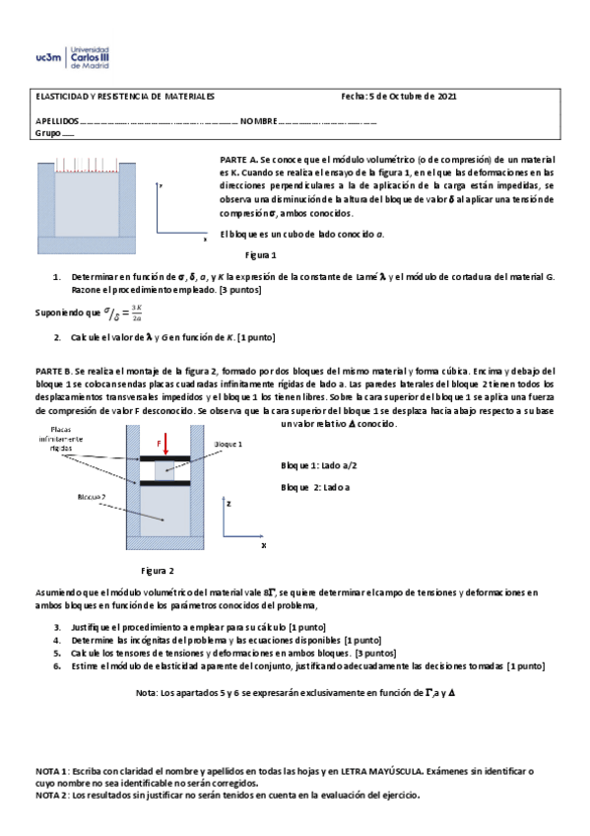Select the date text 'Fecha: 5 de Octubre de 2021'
398,97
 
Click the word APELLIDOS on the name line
57,121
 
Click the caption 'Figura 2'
158,571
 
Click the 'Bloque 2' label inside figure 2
92,497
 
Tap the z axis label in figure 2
229,503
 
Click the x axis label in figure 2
263,544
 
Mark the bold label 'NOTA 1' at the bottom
52,770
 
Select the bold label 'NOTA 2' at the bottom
52,794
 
